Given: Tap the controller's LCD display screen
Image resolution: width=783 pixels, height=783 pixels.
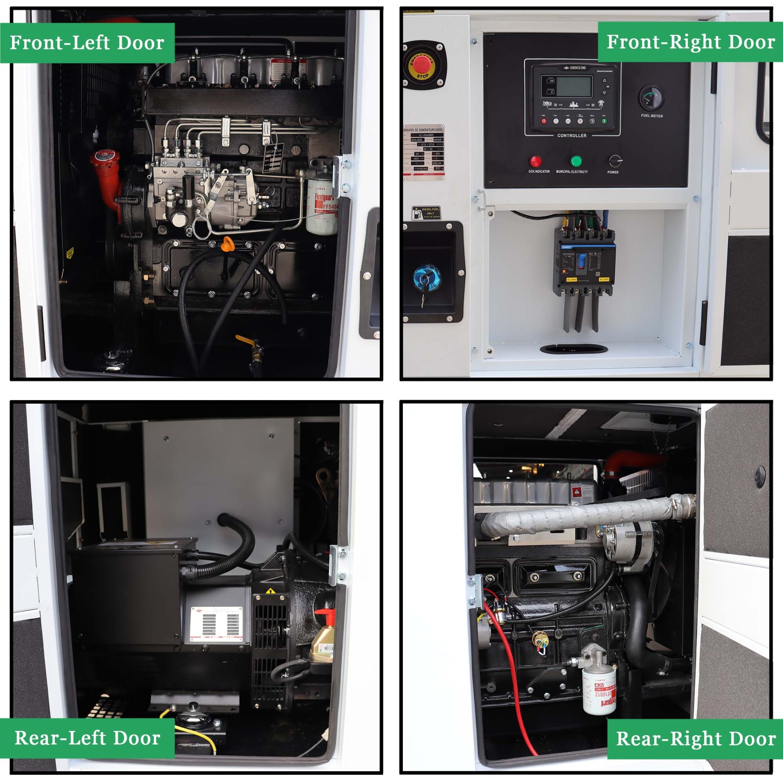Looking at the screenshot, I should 574,87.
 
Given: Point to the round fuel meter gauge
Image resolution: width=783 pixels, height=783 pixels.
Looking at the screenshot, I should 651,98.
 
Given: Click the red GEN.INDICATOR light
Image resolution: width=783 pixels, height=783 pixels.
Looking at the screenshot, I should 535,161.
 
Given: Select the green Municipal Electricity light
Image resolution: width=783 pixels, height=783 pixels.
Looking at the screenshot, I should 576,161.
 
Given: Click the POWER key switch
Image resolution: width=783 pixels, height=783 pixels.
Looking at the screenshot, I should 615,161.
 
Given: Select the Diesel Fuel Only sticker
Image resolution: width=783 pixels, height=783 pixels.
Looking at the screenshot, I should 426,213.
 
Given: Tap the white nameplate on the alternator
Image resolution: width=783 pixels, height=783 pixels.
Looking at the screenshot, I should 216,624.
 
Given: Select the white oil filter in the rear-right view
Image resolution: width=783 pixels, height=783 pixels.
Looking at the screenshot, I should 599,692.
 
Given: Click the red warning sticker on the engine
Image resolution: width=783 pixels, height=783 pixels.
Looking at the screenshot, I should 577,492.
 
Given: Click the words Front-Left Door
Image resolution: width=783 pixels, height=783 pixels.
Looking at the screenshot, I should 87,43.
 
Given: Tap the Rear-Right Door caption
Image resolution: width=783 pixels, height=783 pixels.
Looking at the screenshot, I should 695,739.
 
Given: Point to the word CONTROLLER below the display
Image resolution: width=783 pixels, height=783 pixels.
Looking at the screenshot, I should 572,136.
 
